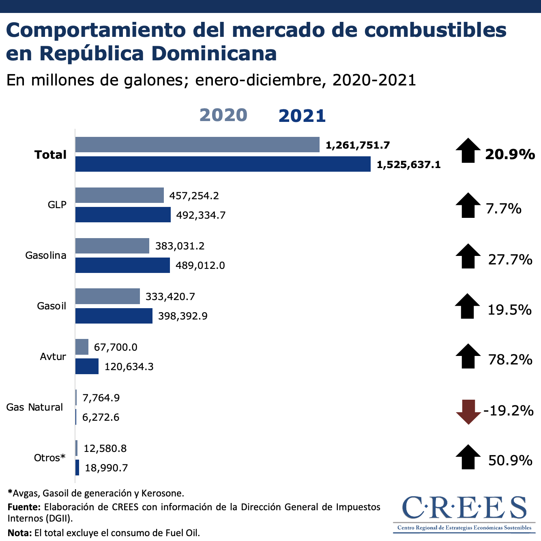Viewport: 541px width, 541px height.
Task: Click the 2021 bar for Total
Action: coord(223,164)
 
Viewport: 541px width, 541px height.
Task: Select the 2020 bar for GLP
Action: coord(120,195)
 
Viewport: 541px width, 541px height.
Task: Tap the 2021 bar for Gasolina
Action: coord(122,265)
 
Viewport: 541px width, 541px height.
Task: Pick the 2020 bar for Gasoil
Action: coord(107,296)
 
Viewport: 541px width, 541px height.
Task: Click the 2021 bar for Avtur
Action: coord(87,366)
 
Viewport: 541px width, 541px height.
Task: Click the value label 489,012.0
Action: coord(200,266)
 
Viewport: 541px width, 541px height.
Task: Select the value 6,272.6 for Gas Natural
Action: coord(101,417)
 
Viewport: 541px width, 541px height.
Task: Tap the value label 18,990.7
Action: coord(106,468)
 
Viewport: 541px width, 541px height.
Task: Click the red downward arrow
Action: coord(468,411)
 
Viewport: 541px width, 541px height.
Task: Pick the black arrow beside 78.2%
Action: coord(468,356)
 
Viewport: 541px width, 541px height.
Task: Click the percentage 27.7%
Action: coord(510,260)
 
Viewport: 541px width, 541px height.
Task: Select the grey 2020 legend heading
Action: coord(223,115)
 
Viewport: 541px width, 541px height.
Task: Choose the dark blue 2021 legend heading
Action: coord(302,116)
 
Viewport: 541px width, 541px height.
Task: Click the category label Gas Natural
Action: coord(34,407)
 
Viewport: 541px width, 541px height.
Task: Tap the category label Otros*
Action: coord(49,458)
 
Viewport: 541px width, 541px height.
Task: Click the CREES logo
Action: coord(464,512)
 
